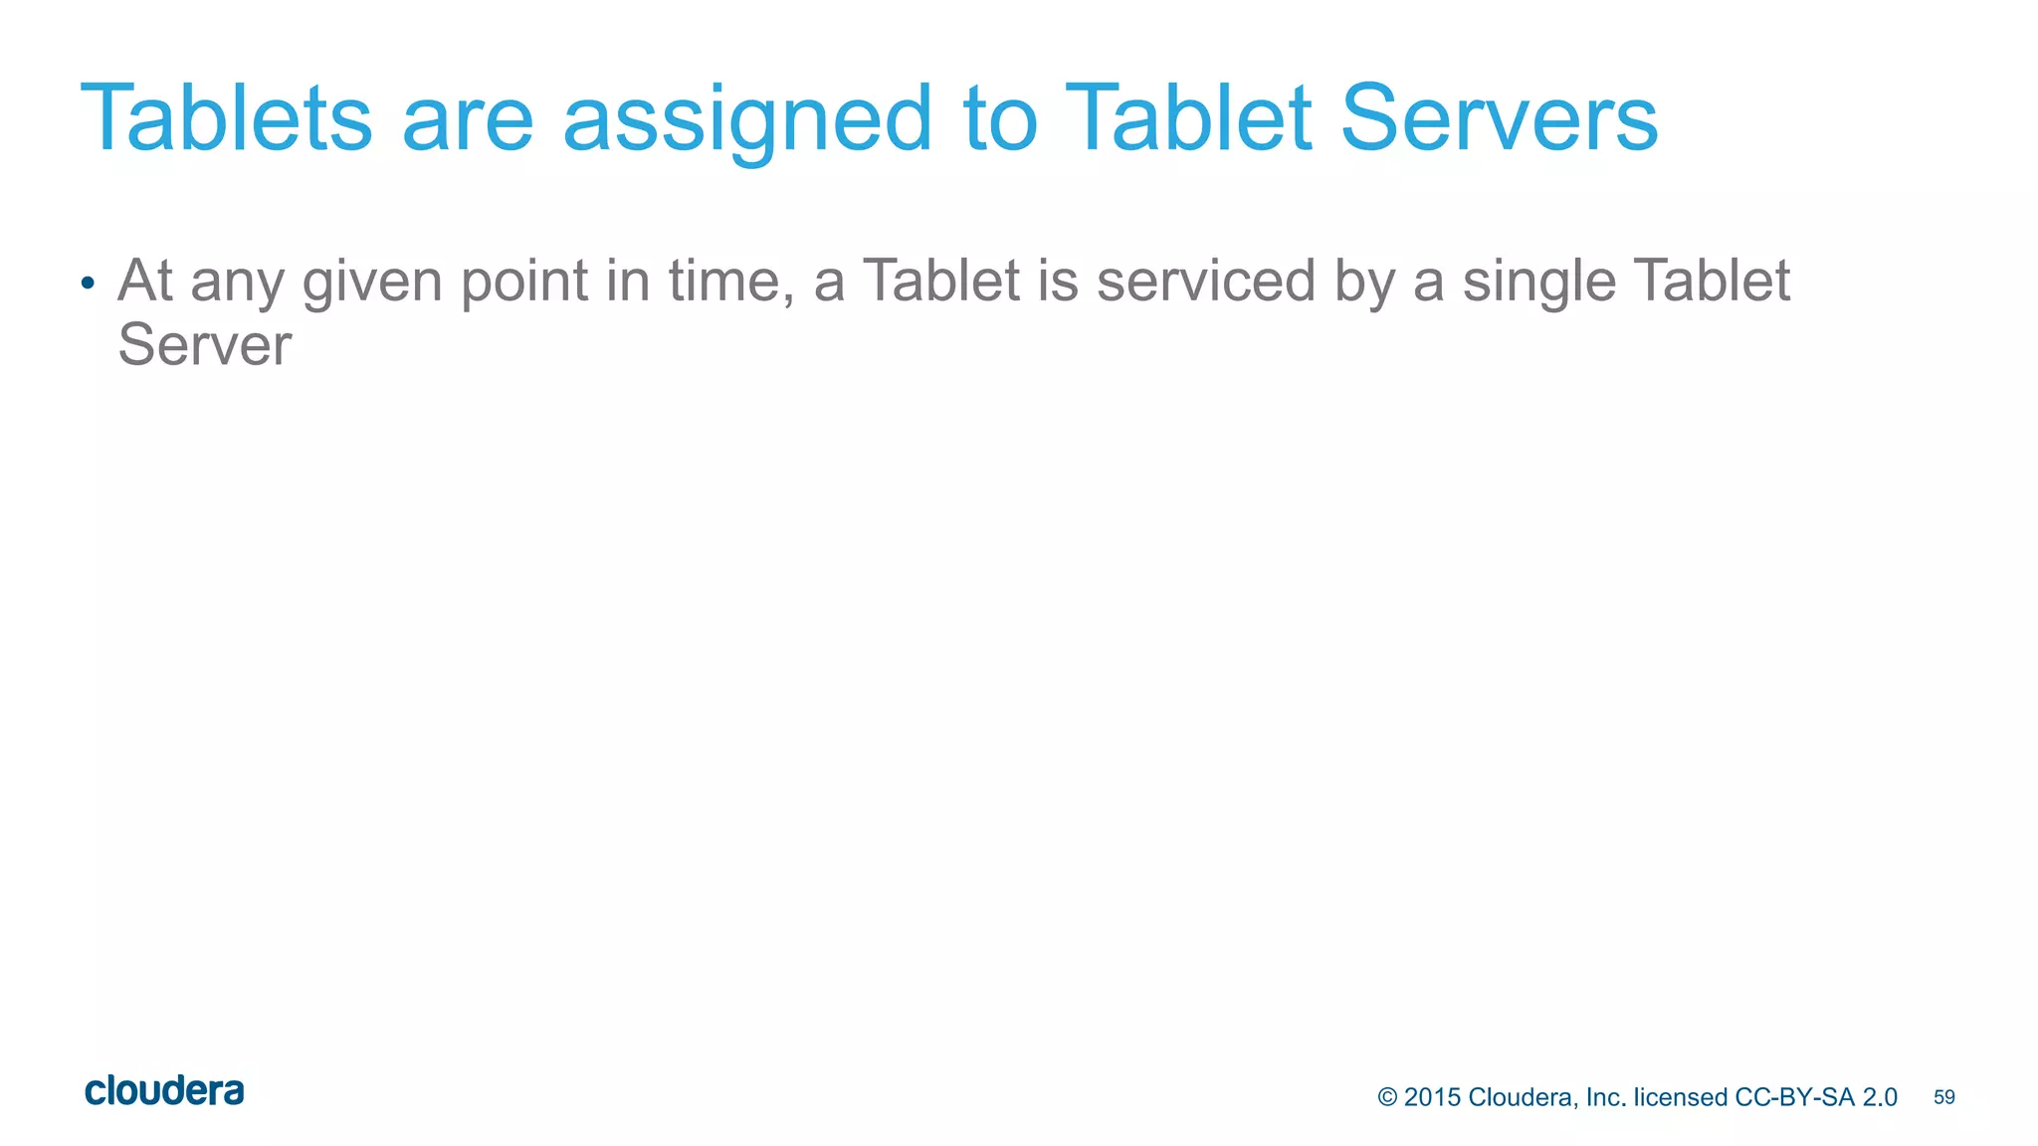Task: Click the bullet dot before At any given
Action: [x=88, y=284]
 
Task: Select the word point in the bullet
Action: [x=524, y=282]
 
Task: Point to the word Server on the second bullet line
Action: [x=204, y=345]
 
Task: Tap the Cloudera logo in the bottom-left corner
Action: [x=164, y=1091]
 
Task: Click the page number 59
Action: [x=1943, y=1097]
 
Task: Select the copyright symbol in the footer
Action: [x=1387, y=1097]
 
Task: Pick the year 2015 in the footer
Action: [x=1432, y=1097]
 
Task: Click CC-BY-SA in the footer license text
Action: [x=1795, y=1097]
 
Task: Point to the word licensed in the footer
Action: [x=1680, y=1097]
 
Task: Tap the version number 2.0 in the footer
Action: [x=1880, y=1097]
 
